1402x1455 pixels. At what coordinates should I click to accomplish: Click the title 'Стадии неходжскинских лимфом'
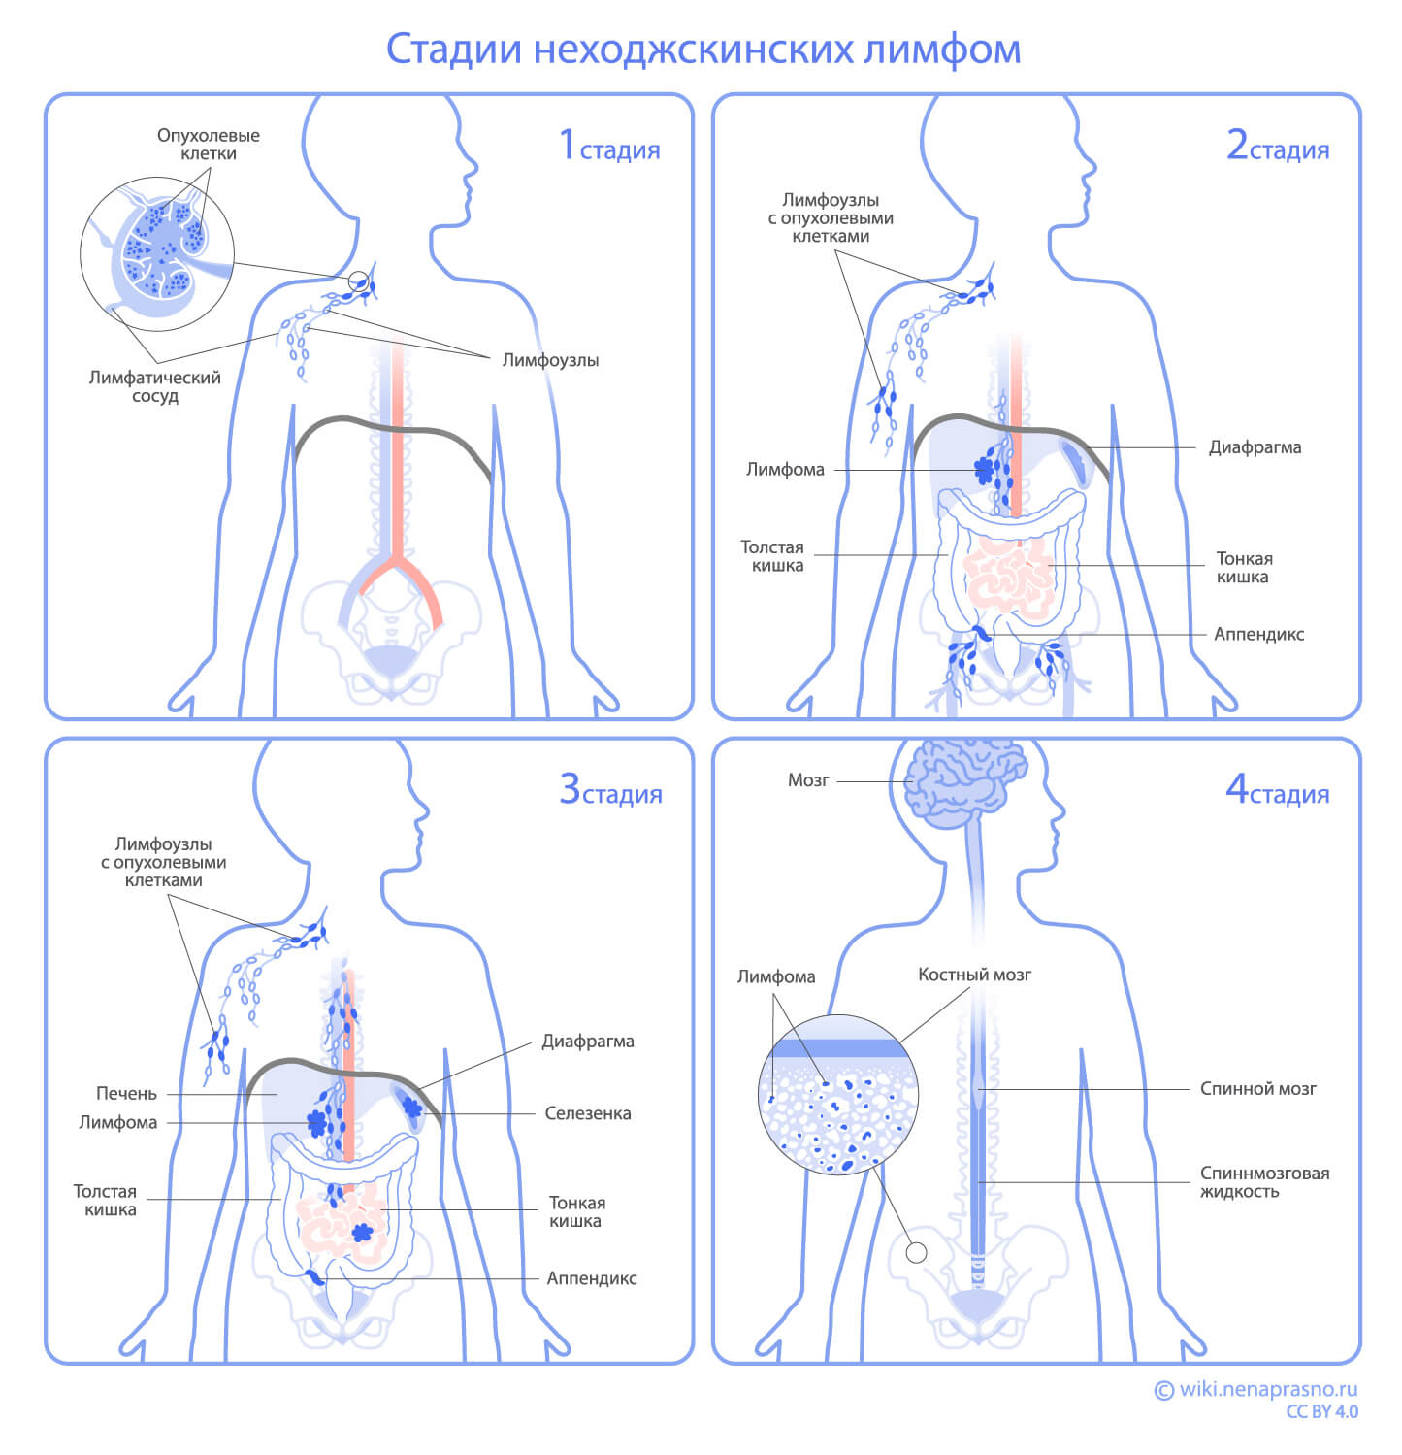pyautogui.click(x=702, y=50)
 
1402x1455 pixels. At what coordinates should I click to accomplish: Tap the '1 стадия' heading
pyautogui.click(x=610, y=147)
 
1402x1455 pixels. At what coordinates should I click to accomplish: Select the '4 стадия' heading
pyautogui.click(x=1277, y=790)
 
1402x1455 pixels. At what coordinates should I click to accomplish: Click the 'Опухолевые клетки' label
pyautogui.click(x=209, y=144)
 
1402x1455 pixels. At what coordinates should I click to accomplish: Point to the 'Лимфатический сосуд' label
pyautogui.click(x=155, y=386)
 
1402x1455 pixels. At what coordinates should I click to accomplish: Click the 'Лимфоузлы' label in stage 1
pyautogui.click(x=550, y=360)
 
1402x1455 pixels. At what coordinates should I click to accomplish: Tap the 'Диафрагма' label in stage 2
pyautogui.click(x=1255, y=447)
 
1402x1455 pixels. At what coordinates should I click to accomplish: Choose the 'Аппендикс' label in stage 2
pyautogui.click(x=1258, y=634)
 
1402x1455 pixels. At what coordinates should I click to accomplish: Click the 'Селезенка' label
pyautogui.click(x=587, y=1113)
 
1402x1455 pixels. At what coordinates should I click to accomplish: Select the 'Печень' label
pyautogui.click(x=126, y=1093)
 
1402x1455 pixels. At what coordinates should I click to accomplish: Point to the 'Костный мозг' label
pyautogui.click(x=974, y=975)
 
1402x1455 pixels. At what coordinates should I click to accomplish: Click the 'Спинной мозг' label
pyautogui.click(x=1257, y=1088)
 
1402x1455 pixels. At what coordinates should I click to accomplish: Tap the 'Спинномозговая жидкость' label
pyautogui.click(x=1263, y=1181)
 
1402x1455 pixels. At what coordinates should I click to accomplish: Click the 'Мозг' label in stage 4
pyautogui.click(x=808, y=780)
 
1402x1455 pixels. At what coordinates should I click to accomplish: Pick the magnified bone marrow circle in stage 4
pyautogui.click(x=837, y=1094)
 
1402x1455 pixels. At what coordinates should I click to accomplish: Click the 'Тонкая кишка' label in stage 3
pyautogui.click(x=576, y=1211)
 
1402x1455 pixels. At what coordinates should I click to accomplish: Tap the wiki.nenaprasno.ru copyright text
pyautogui.click(x=1257, y=1390)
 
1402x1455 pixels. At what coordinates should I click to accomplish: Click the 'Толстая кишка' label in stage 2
pyautogui.click(x=772, y=556)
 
